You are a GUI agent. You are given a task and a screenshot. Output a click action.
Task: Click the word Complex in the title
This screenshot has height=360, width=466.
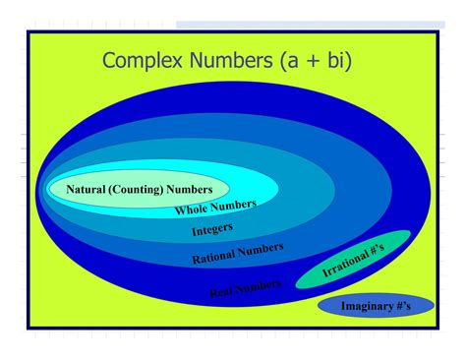pos(145,61)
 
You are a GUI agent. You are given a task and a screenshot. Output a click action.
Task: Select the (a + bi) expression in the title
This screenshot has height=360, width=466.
pos(317,61)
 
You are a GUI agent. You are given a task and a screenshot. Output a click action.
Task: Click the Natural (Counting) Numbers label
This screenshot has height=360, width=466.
pos(139,189)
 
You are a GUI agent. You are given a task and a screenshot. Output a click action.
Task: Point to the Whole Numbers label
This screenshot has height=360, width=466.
pos(215,208)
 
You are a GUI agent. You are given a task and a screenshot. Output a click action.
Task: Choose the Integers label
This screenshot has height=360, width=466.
pos(212,231)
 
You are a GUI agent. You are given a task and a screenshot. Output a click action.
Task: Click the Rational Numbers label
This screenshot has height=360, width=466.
pos(237,254)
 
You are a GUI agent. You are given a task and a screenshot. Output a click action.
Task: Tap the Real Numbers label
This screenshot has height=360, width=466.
pos(245,288)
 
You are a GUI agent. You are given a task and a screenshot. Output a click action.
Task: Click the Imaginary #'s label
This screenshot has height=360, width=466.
pos(376,307)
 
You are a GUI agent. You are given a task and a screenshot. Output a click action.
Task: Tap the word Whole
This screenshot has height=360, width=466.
pos(193,210)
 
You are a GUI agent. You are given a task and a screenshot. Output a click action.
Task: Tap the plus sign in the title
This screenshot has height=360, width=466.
pos(312,62)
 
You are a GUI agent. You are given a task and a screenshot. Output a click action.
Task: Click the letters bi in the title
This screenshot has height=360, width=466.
pos(335,61)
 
